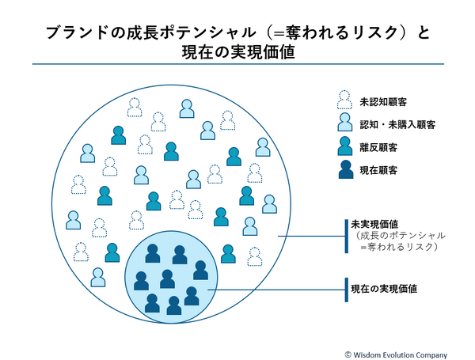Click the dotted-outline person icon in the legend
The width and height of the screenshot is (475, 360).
coord(344,100)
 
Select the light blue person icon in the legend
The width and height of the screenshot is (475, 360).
coord(344,122)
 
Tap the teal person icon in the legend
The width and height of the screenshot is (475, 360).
coord(344,145)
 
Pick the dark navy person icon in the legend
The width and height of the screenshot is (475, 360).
coord(344,169)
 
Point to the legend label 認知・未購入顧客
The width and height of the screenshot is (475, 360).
coord(397,124)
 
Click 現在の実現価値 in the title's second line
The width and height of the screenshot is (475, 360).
coord(237,53)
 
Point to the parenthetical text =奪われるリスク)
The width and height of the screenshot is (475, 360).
coord(399,248)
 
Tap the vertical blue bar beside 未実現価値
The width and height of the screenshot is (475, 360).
coord(346,236)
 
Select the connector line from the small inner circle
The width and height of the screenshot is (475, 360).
coord(277,290)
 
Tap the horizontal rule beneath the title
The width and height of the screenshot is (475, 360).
coord(237,65)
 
